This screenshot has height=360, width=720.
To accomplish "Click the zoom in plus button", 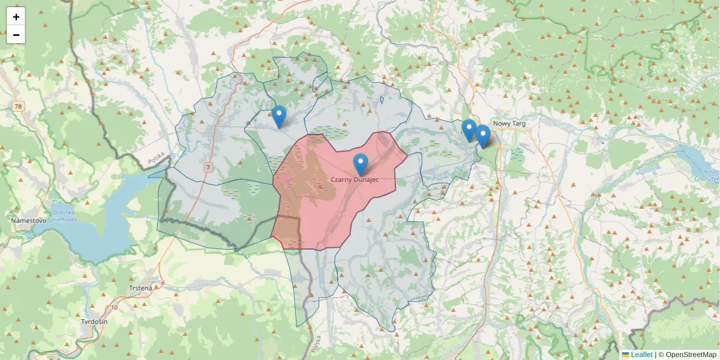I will coord(16,17).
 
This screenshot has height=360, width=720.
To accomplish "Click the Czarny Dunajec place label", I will coord(358,179).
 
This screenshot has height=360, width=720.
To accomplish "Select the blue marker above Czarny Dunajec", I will coord(360,164).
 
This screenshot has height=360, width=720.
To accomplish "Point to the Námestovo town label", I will coord(29,221).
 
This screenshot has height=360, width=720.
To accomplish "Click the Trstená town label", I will coord(141,288).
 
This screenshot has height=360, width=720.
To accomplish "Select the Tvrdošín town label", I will coord(94,322).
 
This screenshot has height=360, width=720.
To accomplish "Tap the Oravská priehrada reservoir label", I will coord(63,215).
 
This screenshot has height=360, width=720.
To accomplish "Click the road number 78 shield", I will coord(19,107).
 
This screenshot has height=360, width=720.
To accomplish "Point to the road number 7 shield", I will coord(208,167).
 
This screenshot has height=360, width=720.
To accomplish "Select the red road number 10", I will coord(114,308).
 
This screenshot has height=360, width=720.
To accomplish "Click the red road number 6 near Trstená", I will coord(162,283).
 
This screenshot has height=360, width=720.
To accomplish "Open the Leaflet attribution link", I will coord(641,355).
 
